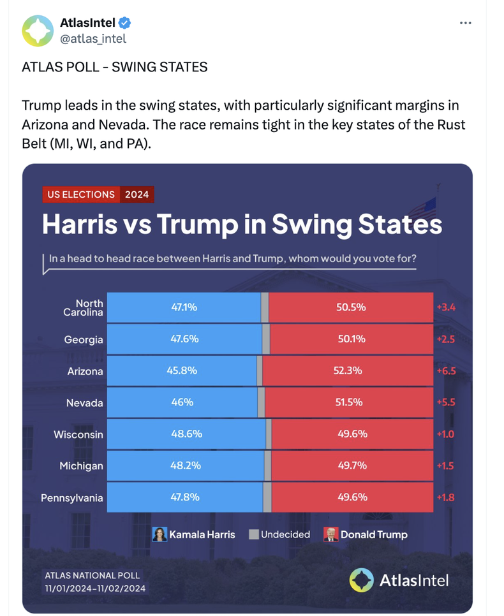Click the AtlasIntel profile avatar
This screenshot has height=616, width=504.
pyautogui.click(x=38, y=31)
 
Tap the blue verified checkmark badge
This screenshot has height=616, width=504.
pyautogui.click(x=124, y=23)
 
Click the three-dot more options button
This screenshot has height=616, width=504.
pyautogui.click(x=466, y=23)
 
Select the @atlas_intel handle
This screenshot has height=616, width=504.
pyautogui.click(x=93, y=39)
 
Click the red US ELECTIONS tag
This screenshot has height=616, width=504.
pyautogui.click(x=81, y=194)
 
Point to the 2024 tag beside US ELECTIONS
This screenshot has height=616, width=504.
pyautogui.click(x=137, y=194)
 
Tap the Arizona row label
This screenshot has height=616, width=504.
pyautogui.click(x=85, y=371)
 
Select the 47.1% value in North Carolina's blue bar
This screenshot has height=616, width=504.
pyautogui.click(x=184, y=307)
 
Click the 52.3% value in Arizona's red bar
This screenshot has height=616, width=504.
pyautogui.click(x=348, y=370)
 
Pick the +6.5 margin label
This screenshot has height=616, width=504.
pyautogui.click(x=446, y=371)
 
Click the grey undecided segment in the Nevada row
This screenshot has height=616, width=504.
pyautogui.click(x=261, y=402)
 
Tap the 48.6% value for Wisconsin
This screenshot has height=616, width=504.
pyautogui.click(x=186, y=434)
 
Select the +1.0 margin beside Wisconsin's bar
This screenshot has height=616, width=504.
pyautogui.click(x=445, y=434)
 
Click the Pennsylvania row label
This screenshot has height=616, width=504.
pyautogui.click(x=72, y=498)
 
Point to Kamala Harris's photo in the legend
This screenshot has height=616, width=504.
pyautogui.click(x=159, y=534)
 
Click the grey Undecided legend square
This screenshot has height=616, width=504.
pyautogui.click(x=253, y=534)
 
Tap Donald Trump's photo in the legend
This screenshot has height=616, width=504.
pyautogui.click(x=330, y=534)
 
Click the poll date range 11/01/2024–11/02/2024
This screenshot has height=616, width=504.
pyautogui.click(x=95, y=588)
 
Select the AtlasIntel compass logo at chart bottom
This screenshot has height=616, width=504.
pyautogui.click(x=361, y=580)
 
